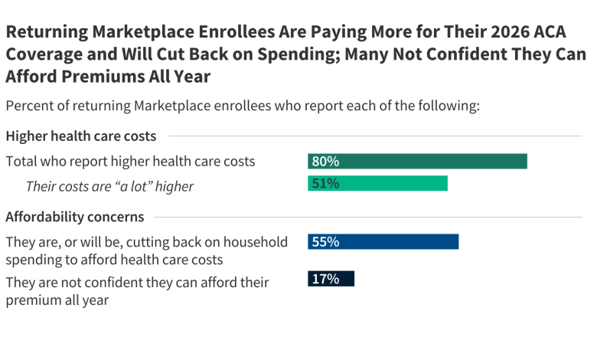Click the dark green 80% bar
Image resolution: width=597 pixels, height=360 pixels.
417,161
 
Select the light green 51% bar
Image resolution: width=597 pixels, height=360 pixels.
377,184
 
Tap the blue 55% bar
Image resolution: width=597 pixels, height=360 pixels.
383,241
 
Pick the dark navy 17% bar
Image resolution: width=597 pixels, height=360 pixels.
331,279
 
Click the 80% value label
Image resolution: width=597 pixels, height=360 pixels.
325,161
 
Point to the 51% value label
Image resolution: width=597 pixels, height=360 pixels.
325,184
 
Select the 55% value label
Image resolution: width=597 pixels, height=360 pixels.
325,241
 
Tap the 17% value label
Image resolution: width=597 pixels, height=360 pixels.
325,279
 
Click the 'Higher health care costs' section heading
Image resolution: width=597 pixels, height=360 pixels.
81,136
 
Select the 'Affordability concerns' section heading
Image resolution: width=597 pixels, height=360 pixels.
74,217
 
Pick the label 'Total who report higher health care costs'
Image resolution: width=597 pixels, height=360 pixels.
130,162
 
